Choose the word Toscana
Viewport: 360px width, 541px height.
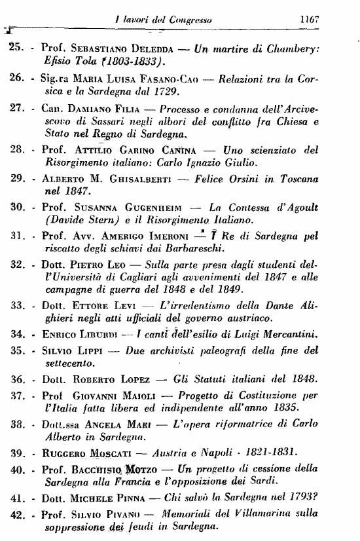tap(309, 197)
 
